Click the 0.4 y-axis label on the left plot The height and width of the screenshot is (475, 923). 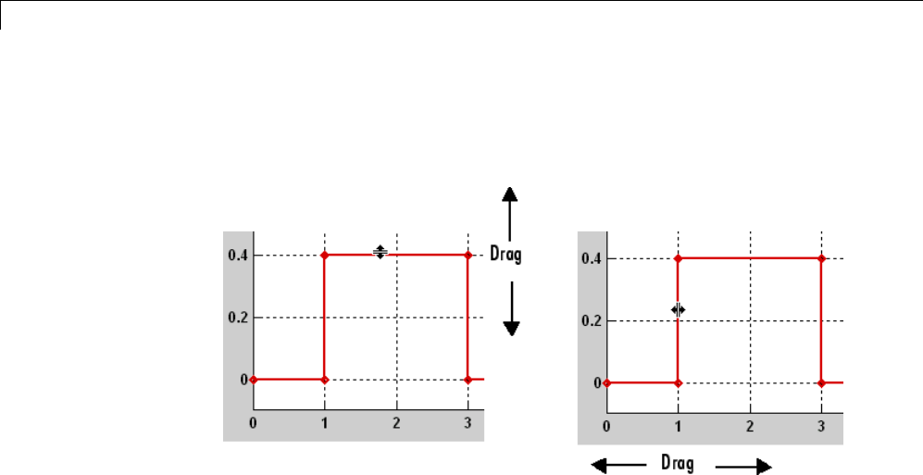click(x=238, y=256)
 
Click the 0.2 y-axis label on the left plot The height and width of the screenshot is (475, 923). click(x=238, y=318)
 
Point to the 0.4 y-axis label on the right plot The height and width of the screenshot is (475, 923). click(x=591, y=259)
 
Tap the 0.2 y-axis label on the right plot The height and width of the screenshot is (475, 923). click(x=591, y=321)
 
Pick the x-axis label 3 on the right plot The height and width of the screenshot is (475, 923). click(x=821, y=425)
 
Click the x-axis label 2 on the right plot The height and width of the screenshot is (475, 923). click(x=750, y=425)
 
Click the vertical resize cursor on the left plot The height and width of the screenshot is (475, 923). click(x=380, y=252)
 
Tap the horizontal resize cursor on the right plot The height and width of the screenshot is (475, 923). click(x=679, y=309)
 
